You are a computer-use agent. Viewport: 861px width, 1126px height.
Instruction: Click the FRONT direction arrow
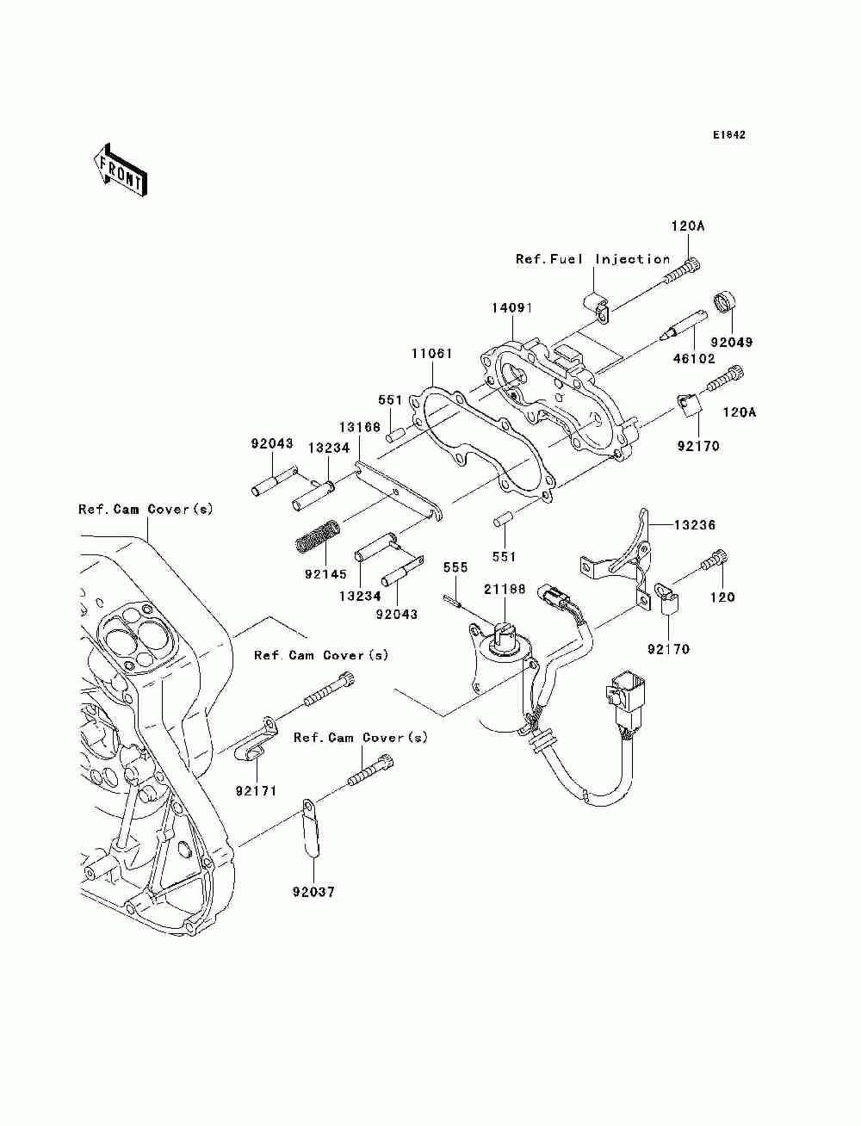pyautogui.click(x=121, y=170)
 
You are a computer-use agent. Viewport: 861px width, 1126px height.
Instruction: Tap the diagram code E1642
pyautogui.click(x=728, y=135)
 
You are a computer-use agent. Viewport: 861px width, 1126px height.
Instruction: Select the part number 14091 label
pyautogui.click(x=512, y=308)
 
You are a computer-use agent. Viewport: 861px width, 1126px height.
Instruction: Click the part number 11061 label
pyautogui.click(x=432, y=354)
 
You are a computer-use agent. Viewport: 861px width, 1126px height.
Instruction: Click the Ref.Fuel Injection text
pyautogui.click(x=592, y=260)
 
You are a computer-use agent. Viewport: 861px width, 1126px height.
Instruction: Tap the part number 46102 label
pyautogui.click(x=694, y=359)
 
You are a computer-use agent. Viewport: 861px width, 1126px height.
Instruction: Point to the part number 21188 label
pyautogui.click(x=505, y=590)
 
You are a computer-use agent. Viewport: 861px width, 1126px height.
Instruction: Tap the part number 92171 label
pyautogui.click(x=256, y=790)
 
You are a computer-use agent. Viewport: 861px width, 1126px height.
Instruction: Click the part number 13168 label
pyautogui.click(x=359, y=427)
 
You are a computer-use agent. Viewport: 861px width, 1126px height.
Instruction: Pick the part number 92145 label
pyautogui.click(x=325, y=574)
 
